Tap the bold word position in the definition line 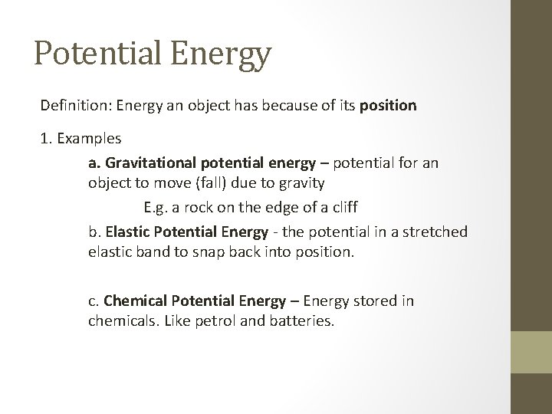coord(388,106)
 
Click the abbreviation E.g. coord(156,206)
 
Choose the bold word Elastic coord(128,231)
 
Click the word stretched coord(434,231)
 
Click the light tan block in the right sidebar coord(531,352)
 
